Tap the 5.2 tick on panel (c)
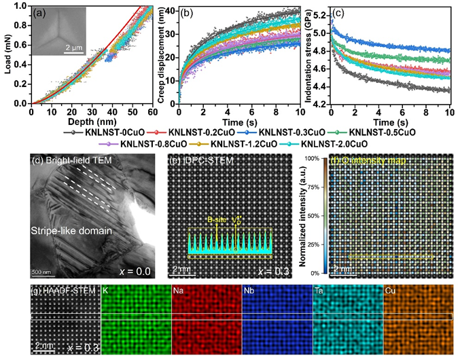click(321, 12)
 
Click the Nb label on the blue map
click(249, 291)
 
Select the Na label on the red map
click(179, 291)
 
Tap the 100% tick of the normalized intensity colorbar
click(319, 158)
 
